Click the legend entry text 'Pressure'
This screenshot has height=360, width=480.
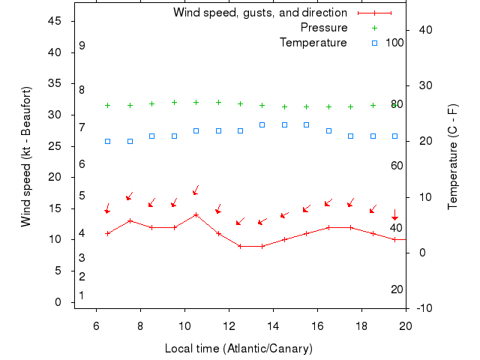tap(324, 28)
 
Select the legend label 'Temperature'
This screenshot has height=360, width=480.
tap(313, 43)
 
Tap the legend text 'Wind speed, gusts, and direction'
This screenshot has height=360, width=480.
tap(260, 13)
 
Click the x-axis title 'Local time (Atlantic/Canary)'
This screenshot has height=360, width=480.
tap(238, 349)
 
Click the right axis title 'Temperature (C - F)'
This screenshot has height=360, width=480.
tap(453, 157)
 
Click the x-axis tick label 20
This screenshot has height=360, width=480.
tap(406, 325)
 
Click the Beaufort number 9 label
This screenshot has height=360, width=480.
tap(82, 46)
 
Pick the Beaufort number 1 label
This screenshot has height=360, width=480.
tap(82, 295)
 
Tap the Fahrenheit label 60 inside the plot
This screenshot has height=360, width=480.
tap(397, 166)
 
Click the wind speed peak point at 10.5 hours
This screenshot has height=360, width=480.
tap(196, 214)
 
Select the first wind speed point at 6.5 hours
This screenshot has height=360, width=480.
tap(108, 233)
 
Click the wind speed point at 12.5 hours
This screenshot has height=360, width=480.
tap(240, 246)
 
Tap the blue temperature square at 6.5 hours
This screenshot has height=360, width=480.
tap(108, 141)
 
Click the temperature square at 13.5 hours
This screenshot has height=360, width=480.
tap(262, 124)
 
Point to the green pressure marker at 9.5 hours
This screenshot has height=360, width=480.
tap(174, 102)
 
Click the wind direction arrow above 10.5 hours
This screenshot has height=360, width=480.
tap(196, 190)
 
